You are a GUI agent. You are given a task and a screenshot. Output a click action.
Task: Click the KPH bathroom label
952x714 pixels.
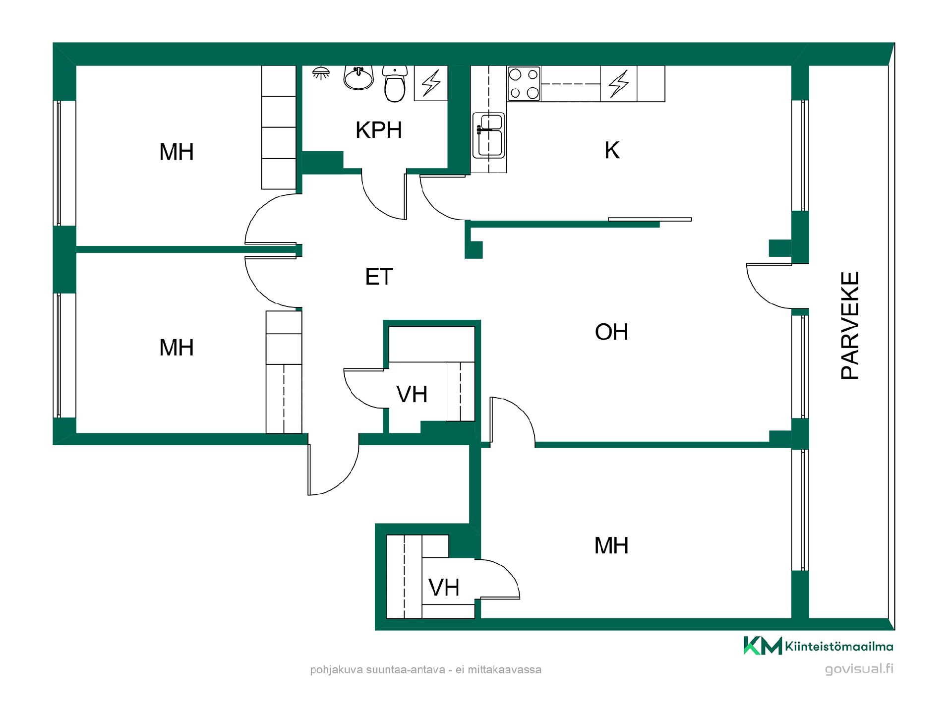[378, 130]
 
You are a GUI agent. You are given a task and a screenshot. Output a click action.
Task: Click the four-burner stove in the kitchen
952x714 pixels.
[524, 84]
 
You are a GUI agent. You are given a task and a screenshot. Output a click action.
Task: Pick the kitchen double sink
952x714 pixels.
[488, 135]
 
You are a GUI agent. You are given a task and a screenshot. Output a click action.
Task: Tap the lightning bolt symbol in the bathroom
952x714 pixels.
[431, 83]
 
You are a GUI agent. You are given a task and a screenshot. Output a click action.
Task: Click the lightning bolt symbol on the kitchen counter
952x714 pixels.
[619, 83]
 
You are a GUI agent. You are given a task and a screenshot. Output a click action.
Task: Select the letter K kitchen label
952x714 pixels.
[612, 150]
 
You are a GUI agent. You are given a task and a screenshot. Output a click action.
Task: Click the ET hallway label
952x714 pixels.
[379, 277]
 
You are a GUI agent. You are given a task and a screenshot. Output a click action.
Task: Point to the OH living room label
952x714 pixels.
[611, 332]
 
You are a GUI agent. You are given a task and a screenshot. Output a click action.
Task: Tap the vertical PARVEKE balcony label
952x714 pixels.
[850, 326]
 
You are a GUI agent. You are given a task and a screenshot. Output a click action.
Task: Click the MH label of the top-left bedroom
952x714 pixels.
[176, 152]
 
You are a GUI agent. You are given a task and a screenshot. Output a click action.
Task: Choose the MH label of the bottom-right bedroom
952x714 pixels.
[611, 545]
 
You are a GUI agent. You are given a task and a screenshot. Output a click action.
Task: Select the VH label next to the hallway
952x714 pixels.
[412, 394]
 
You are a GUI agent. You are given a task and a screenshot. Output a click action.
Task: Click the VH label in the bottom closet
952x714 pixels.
[444, 588]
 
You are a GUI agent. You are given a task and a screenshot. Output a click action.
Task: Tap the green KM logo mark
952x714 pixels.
[763, 646]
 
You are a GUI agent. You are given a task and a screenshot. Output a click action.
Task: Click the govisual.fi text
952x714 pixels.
[859, 668]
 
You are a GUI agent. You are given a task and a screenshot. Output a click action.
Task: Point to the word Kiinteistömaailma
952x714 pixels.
[839, 646]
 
